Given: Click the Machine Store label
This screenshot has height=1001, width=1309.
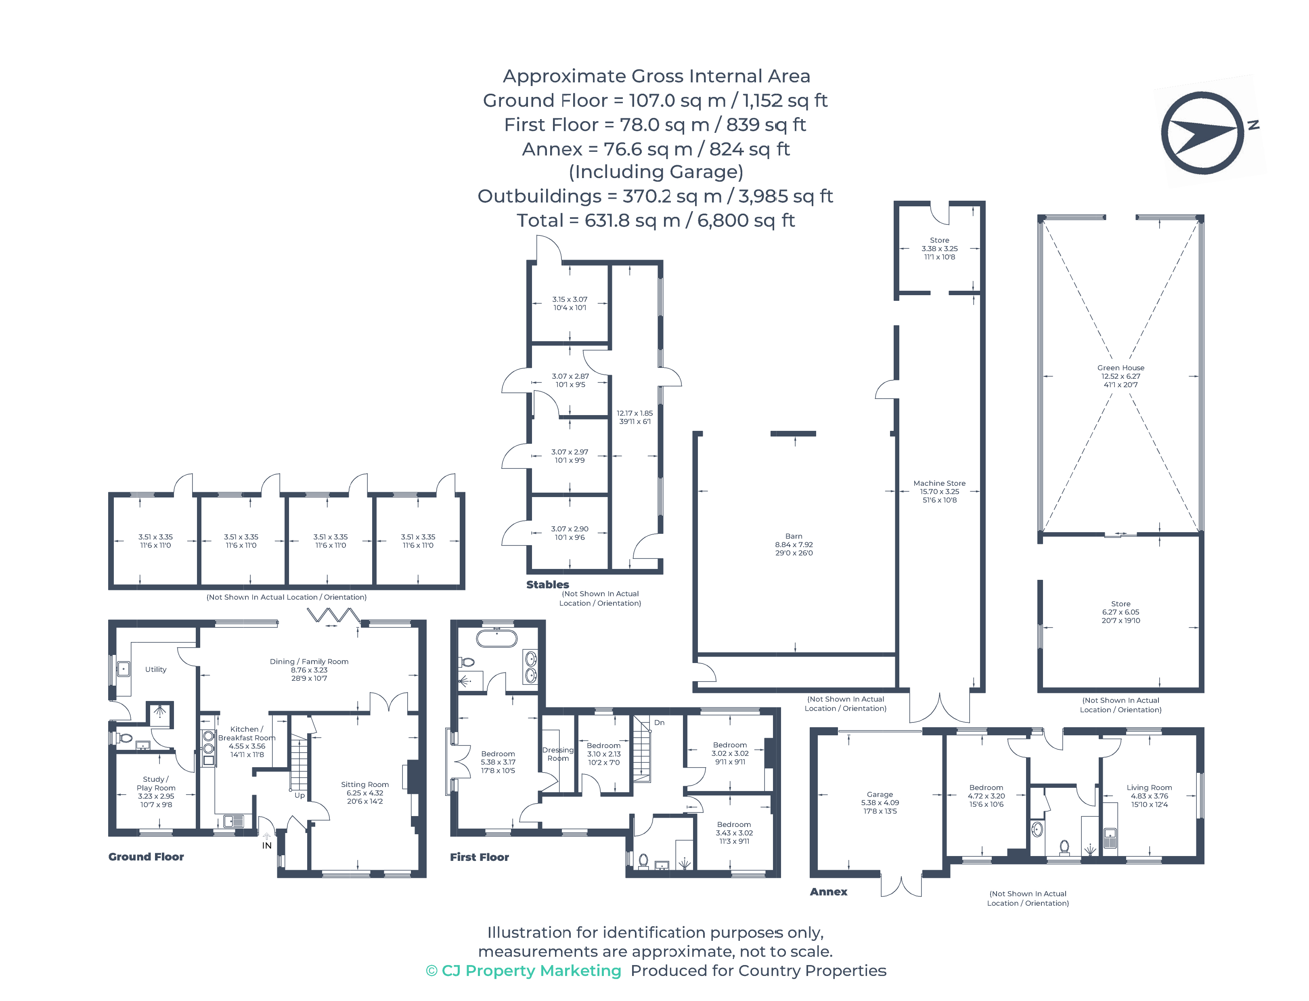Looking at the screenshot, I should coord(939,483).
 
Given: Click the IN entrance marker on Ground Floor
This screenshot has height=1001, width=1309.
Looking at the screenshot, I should coord(267,845).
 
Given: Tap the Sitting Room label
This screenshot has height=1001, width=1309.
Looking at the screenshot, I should coord(364,784).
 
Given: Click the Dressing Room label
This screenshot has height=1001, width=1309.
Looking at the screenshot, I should coord(557,754).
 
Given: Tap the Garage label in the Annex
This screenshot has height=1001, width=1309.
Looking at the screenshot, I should coord(880,794).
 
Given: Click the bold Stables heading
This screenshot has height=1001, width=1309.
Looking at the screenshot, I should coord(547,585).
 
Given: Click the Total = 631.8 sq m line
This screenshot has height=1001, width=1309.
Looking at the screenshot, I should coord(655,220).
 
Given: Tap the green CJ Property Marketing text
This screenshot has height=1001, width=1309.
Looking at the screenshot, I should coord(524,971).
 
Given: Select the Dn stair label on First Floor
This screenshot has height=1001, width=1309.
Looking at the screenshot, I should coord(659,722).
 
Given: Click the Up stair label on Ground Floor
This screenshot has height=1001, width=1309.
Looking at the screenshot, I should coord(299,795).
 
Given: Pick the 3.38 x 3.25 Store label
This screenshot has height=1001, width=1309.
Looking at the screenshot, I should coord(939,248).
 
